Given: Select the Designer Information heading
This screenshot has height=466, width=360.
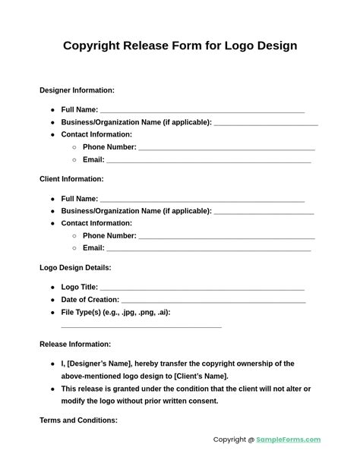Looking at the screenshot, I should point(77,90).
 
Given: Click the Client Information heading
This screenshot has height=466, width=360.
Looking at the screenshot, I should point(71,179).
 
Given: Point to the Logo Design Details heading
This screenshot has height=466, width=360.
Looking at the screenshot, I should point(75,268).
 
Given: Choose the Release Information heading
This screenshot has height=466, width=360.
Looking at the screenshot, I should point(75,344).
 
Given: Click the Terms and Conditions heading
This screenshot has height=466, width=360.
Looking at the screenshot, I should point(78,420).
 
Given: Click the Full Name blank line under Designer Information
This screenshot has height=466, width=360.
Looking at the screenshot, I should point(202,112).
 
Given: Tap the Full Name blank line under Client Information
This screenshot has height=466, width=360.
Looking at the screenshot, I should point(202,200).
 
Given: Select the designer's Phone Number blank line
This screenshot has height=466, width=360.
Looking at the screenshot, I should point(226,149).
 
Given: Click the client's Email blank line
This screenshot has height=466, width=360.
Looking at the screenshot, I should point(208,250).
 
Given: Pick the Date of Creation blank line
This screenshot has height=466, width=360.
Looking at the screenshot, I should point(213,301).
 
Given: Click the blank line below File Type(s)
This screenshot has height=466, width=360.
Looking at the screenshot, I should point(141,326).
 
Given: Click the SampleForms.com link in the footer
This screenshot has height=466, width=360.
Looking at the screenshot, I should point(288,439).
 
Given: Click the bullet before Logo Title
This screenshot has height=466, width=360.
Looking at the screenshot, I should point(52,288).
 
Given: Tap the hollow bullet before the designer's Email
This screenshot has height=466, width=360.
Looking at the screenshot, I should point(74,160).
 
